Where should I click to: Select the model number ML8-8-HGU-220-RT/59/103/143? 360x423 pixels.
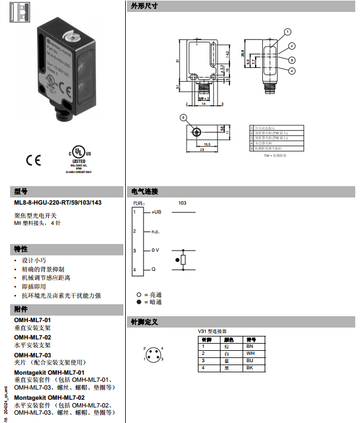[58, 203]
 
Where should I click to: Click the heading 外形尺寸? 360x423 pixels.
[144, 7]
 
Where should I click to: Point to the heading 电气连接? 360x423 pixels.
[144, 192]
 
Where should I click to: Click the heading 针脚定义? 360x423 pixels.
[144, 322]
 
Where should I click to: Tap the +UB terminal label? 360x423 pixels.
[156, 212]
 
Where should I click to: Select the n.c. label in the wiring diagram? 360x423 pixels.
[156, 231]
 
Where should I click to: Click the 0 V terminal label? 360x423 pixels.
[155, 250]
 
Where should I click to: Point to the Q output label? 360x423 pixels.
[153, 270]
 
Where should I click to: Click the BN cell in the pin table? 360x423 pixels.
[250, 346]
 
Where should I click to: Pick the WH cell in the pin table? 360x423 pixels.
[250, 354]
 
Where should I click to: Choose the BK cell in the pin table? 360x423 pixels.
[250, 368]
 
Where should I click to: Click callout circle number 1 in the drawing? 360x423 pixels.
[287, 31]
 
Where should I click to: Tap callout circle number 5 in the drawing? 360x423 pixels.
[184, 118]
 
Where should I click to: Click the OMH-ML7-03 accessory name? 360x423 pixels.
[33, 355]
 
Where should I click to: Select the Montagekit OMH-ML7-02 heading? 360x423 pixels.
[49, 397]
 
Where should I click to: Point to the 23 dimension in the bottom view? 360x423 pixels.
[203, 150]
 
